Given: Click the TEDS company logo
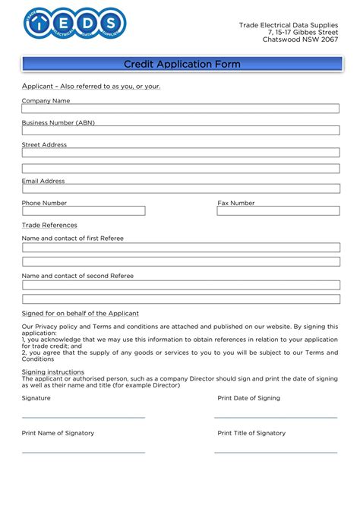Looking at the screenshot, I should click(75, 24).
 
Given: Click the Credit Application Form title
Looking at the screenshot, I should click(182, 65).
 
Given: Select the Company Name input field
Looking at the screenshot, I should click(180, 109).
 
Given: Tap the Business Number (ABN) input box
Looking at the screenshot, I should click(180, 131).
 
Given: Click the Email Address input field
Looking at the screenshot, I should click(180, 188).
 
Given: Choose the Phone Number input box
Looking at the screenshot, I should click(84, 210).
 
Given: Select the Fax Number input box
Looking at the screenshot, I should click(278, 210).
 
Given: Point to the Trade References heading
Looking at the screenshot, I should click(49, 226).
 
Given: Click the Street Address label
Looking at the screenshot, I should click(44, 144).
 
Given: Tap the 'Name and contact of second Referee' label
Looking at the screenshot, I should click(77, 276).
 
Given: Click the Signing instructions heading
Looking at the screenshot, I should click(52, 371).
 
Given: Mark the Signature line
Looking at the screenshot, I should click(84, 417).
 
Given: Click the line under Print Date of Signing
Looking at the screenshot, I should click(276, 417).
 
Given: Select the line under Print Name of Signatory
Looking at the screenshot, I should click(84, 452).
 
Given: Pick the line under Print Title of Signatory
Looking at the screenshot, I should click(276, 452).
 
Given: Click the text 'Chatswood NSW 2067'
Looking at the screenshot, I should click(300, 40).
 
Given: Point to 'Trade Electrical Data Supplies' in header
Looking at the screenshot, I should click(289, 25).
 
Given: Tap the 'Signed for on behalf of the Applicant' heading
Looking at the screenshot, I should click(81, 313).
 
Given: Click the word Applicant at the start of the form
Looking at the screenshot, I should click(36, 86).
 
